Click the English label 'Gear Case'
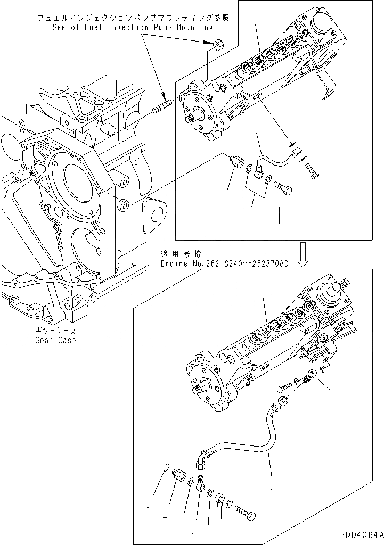pos(55,340)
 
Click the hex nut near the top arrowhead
pos(217,45)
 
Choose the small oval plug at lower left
pos(165,468)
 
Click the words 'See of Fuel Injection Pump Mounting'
pos(133,27)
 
